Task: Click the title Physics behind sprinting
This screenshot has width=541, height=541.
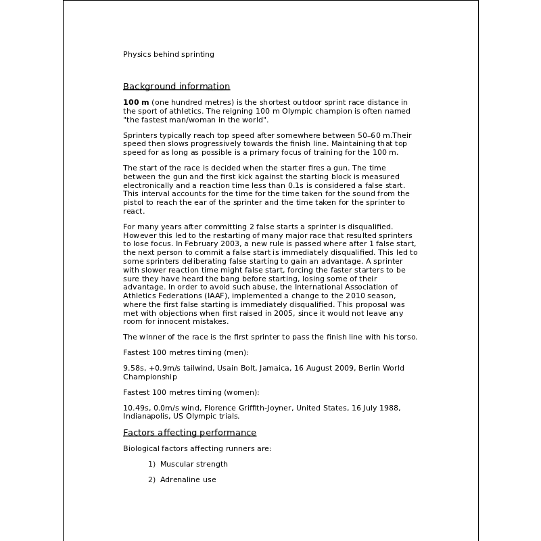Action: pyautogui.click(x=168, y=54)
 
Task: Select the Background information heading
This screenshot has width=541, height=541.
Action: pyautogui.click(x=177, y=87)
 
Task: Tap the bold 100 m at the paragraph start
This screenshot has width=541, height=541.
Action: pyautogui.click(x=136, y=102)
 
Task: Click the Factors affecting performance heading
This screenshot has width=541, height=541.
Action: pyautogui.click(x=189, y=433)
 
